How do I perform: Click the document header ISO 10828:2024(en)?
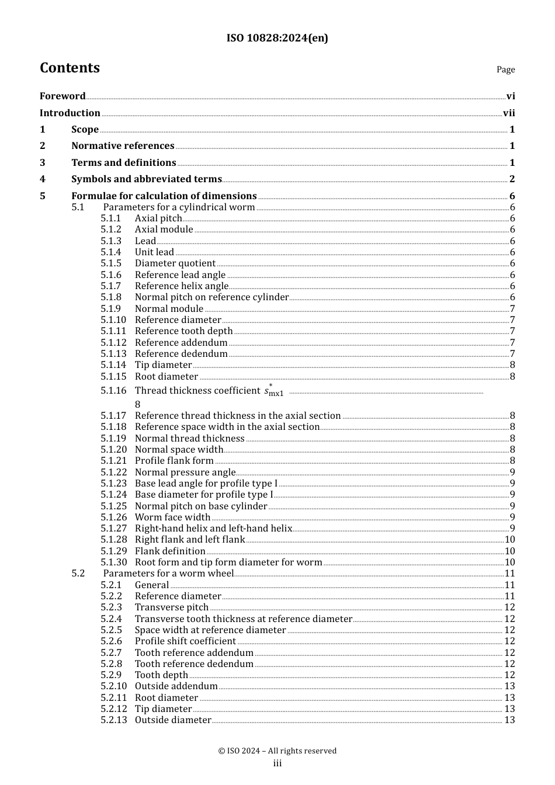277,38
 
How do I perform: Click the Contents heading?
70,68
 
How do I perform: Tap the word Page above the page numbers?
505,70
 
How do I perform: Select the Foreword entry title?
63,96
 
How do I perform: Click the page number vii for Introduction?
509,113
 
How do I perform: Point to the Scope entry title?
85,130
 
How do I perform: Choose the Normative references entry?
123,146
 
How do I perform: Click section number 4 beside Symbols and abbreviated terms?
43,179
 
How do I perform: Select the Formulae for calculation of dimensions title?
164,196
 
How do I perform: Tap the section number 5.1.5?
111,263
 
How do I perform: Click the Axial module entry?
164,230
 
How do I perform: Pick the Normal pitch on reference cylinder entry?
211,297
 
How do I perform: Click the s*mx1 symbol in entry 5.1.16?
273,391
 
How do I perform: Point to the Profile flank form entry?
174,461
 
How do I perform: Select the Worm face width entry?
172,517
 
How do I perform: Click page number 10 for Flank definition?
509,551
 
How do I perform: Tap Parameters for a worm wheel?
168,574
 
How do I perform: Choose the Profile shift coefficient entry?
185,641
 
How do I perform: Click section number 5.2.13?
113,720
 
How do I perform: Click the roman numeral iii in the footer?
277,763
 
